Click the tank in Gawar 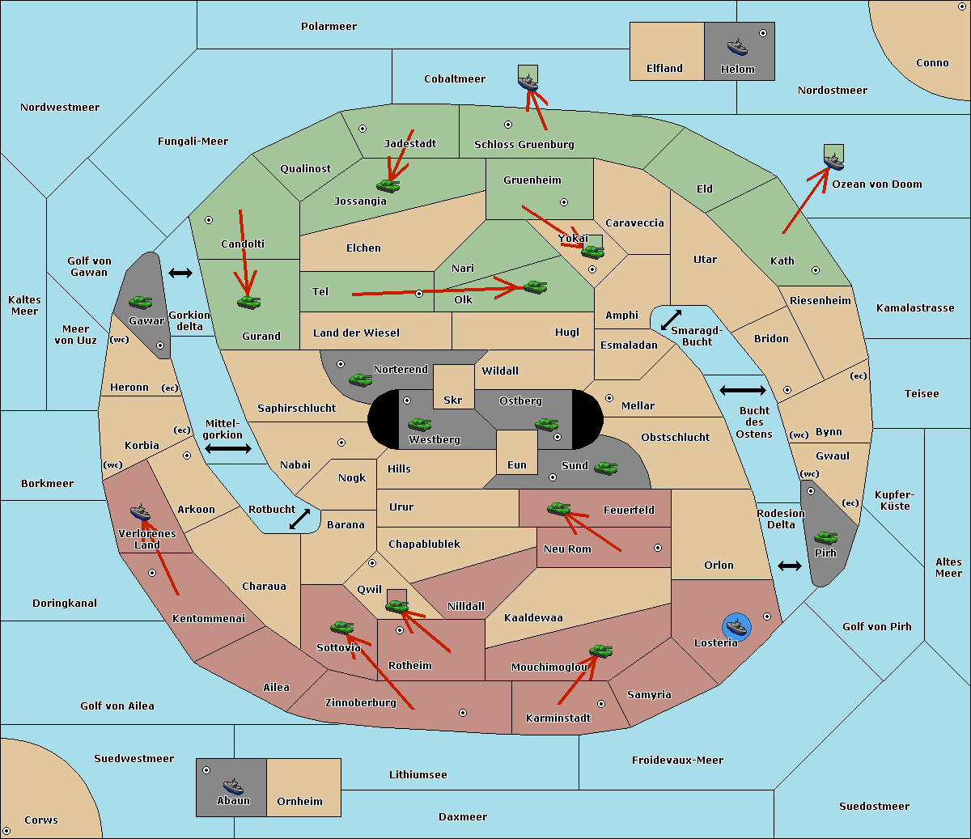(x=141, y=302)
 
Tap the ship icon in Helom (x=737, y=46)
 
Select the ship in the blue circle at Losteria (x=736, y=625)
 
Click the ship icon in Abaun (x=233, y=786)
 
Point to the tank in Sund (x=606, y=468)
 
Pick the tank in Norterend (x=361, y=379)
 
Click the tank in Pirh (x=826, y=537)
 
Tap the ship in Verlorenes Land (x=141, y=512)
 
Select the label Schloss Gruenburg (x=524, y=145)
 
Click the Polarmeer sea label (x=329, y=27)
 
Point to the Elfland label (x=664, y=69)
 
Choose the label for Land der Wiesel (x=356, y=333)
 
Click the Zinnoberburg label (x=361, y=703)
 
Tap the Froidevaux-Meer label (x=677, y=761)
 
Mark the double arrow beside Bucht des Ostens (x=742, y=391)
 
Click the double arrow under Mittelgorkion (x=228, y=449)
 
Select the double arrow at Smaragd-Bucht (x=672, y=320)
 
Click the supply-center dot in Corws (x=7, y=831)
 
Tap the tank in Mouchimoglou (x=601, y=650)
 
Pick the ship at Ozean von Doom (x=833, y=161)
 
